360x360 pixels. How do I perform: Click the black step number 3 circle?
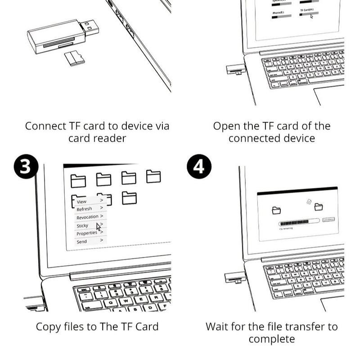pos(25,166)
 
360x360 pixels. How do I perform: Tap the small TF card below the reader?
pos(74,58)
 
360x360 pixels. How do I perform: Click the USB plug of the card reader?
pos(90,27)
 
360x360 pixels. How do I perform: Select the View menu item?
pos(81,202)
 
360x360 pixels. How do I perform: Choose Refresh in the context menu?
pos(84,209)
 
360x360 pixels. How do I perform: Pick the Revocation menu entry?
pos(87,217)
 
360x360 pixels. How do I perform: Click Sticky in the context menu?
pos(82,225)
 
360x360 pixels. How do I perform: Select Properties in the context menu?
pos(86,234)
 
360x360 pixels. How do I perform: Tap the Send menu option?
pos(81,242)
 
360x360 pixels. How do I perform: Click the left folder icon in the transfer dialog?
pos(276,210)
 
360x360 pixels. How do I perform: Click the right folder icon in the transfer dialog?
pos(318,207)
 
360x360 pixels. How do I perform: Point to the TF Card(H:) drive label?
pos(307,9)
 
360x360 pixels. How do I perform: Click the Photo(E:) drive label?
pos(278,13)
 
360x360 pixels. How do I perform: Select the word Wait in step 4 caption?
pos(218,327)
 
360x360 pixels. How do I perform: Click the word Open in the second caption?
pos(226,126)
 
